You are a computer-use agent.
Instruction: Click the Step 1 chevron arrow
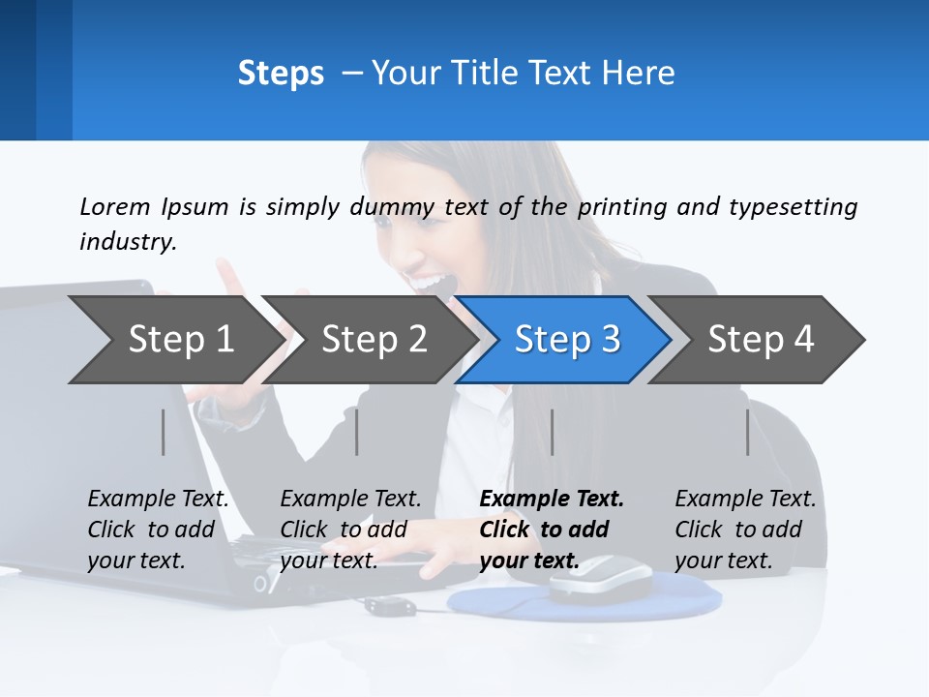pos(179,339)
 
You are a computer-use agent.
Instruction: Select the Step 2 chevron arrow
pos(373,339)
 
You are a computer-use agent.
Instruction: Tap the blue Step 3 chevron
pos(566,339)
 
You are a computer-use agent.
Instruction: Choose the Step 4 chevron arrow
pos(760,339)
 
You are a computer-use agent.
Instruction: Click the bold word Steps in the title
pos(281,74)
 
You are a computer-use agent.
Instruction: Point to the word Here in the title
pos(638,74)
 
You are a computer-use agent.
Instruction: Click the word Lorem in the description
pos(114,207)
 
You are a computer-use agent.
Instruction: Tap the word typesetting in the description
pos(793,207)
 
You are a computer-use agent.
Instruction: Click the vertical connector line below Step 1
pos(164,432)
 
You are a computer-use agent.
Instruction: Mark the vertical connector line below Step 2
pos(357,432)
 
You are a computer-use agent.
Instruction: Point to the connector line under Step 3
pos(552,432)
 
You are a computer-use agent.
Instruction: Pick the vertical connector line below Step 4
pos(747,432)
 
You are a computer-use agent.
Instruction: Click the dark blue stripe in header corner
pos(17,70)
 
